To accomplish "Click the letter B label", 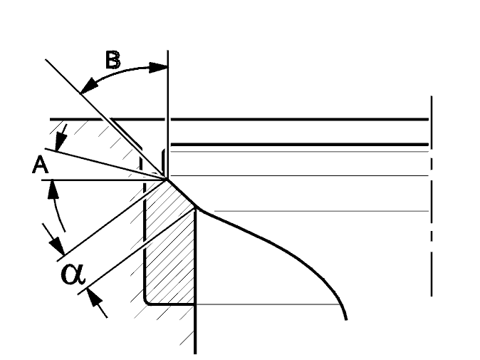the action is point(113,60).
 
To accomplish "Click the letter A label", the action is point(41,165).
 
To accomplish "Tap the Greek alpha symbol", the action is point(73,274).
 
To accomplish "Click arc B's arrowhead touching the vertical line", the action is point(159,68).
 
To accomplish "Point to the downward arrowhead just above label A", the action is point(61,142).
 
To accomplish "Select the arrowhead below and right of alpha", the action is point(95,296).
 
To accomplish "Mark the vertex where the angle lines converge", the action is point(167,179).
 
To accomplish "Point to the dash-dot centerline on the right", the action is point(432,196).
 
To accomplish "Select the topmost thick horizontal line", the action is point(239,119).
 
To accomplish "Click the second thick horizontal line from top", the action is point(300,144).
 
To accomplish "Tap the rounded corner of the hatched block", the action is point(146,302).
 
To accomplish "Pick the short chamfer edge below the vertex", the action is point(182,194).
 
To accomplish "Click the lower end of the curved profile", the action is point(347,320).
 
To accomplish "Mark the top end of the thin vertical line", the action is point(168,51).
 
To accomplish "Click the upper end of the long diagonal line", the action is point(46,59).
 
